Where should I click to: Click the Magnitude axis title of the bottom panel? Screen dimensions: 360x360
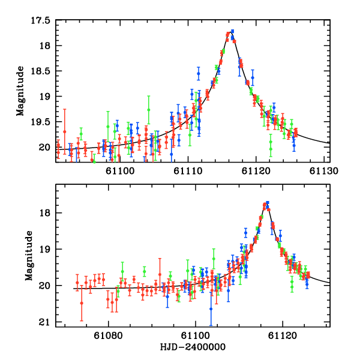28,256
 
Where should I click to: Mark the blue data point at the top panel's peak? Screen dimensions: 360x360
232,31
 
